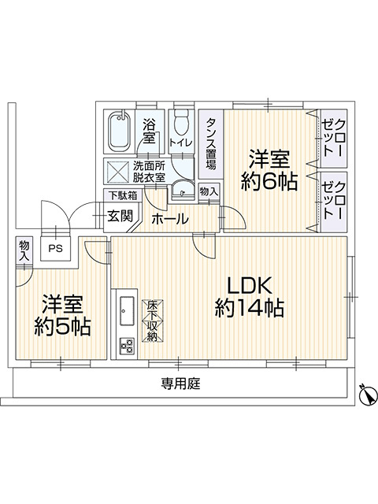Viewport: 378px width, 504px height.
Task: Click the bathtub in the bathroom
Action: click(121, 132)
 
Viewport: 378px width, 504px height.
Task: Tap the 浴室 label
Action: click(150, 131)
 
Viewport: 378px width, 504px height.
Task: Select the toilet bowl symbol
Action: click(181, 124)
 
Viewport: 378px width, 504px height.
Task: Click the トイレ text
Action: click(180, 143)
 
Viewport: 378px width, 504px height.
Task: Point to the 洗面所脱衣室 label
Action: click(148, 172)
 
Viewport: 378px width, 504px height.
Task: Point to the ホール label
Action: click(169, 218)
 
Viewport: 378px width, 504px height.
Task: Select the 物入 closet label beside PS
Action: click(24, 250)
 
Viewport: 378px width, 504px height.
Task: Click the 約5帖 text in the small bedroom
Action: click(62, 325)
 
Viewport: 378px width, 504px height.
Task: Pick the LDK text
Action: click(250, 284)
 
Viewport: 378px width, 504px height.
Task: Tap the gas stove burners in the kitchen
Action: click(125, 346)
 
